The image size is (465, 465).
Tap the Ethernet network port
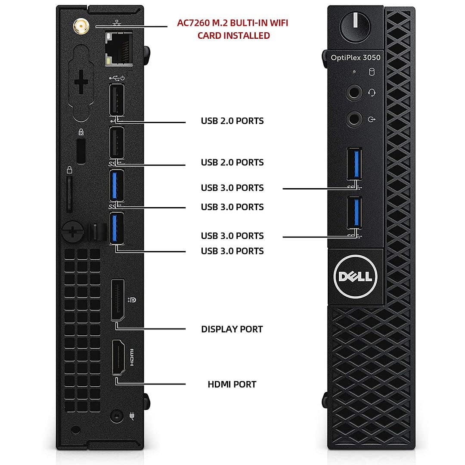[119, 50]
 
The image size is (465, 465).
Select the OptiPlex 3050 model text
[356, 58]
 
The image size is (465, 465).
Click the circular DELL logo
[355, 276]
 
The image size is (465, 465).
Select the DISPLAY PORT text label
[232, 329]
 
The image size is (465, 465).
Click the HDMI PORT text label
[232, 384]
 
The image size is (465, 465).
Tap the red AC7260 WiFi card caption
[233, 29]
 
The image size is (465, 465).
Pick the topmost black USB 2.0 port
[117, 99]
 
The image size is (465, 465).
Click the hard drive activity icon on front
[372, 72]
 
